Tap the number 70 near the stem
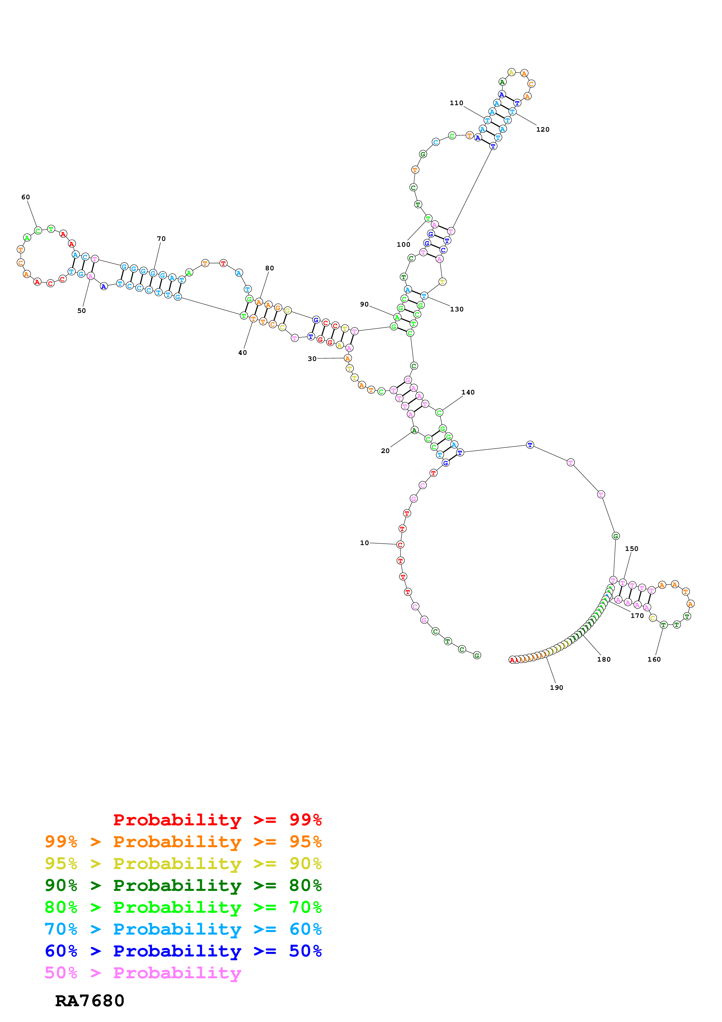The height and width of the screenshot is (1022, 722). click(x=161, y=239)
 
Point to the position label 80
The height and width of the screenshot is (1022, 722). click(x=270, y=268)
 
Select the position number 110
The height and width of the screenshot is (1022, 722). click(x=456, y=103)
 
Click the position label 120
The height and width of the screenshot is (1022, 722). click(x=543, y=130)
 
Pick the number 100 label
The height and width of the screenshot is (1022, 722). click(x=403, y=244)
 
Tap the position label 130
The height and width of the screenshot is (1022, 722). click(x=457, y=309)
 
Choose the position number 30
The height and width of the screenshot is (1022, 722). click(x=312, y=359)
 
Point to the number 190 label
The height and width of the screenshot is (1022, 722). click(x=557, y=688)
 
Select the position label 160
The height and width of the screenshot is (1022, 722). click(x=654, y=660)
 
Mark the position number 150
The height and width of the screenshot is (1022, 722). click(x=632, y=549)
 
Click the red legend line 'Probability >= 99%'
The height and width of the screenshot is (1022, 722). click(x=217, y=820)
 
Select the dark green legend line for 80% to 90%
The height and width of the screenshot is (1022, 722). click(x=183, y=885)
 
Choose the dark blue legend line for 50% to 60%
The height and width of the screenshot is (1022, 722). click(x=183, y=951)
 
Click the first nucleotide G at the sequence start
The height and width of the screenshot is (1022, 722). click(x=477, y=655)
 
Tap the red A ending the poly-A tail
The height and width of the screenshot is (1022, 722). click(x=512, y=660)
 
